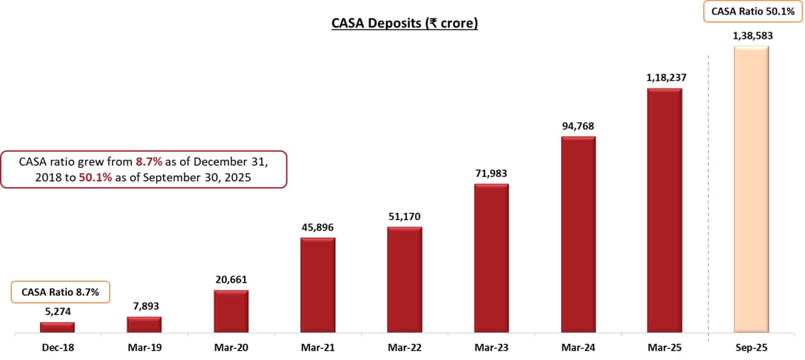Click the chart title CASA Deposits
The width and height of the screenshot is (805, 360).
[x=404, y=24]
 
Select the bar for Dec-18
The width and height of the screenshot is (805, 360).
[x=57, y=327]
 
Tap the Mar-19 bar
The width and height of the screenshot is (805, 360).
[x=144, y=324]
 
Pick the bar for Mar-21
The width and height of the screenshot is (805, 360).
[x=318, y=285]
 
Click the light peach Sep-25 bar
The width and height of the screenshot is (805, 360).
[x=752, y=189]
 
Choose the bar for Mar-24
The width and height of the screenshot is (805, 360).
[x=578, y=234]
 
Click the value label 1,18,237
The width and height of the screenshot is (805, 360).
[x=664, y=78]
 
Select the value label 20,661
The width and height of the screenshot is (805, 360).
[x=231, y=279]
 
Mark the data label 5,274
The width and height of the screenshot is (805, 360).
[x=57, y=311]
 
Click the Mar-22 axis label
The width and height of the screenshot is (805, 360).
[x=404, y=347]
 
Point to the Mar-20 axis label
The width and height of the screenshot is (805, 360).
[x=231, y=347]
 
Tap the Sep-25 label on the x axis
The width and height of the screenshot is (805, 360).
[x=752, y=347]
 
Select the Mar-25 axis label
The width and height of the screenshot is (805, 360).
[x=664, y=347]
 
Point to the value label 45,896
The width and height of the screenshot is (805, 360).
[x=318, y=227]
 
